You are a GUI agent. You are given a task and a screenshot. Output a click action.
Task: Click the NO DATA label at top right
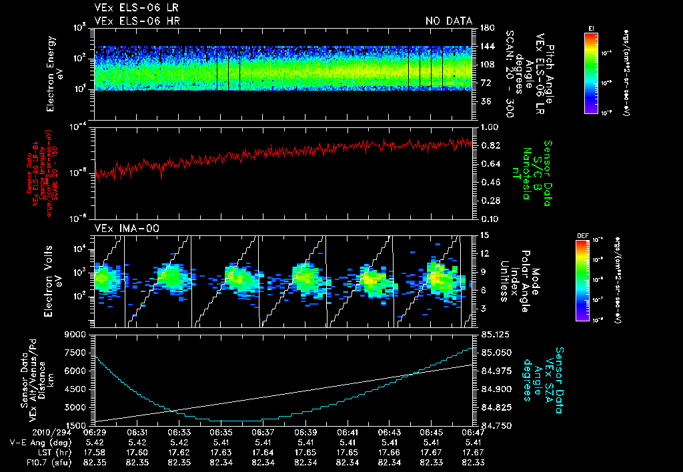[449, 21]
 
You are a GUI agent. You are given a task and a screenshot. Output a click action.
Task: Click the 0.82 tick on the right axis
[490, 145]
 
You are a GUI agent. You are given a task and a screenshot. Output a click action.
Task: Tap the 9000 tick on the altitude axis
[77, 335]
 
